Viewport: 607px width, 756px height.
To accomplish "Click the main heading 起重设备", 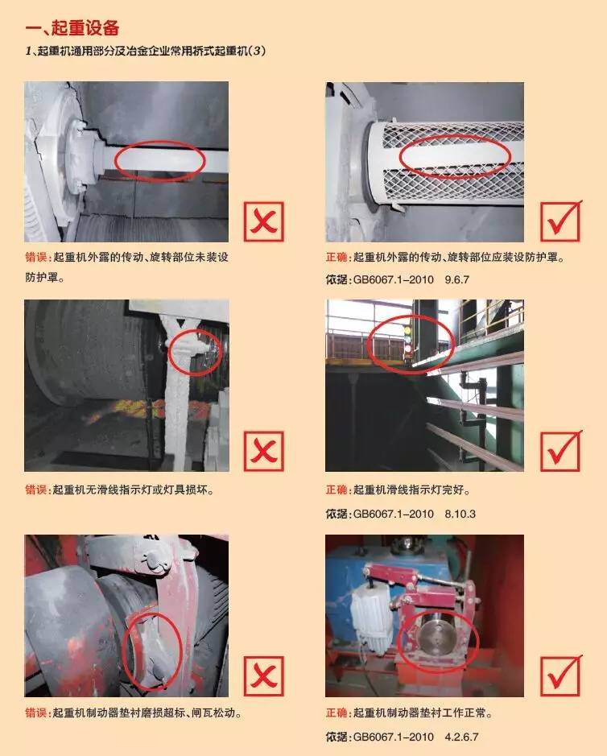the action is [85, 28].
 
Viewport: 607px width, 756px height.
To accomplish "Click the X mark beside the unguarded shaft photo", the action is [264, 221].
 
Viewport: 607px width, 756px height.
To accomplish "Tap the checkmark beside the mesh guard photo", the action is [561, 221].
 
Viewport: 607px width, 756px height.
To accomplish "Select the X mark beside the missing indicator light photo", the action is [264, 451].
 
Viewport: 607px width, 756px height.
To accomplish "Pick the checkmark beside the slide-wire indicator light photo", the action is [561, 450].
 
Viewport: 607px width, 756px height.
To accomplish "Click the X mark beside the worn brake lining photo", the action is [264, 676].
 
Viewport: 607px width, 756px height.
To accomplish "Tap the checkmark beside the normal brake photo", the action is [561, 675].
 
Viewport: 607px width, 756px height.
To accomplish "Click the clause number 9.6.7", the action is [456, 279].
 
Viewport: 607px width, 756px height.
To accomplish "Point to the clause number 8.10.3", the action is [460, 514].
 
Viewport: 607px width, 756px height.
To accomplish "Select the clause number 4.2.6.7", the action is [461, 737].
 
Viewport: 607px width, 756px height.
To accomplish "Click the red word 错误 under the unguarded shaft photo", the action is [36, 258].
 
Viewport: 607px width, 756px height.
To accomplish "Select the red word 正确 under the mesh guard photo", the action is [337, 258].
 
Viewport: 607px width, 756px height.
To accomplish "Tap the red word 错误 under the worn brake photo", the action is [36, 713].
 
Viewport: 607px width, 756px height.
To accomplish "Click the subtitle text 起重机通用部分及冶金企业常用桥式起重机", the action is [142, 51].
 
